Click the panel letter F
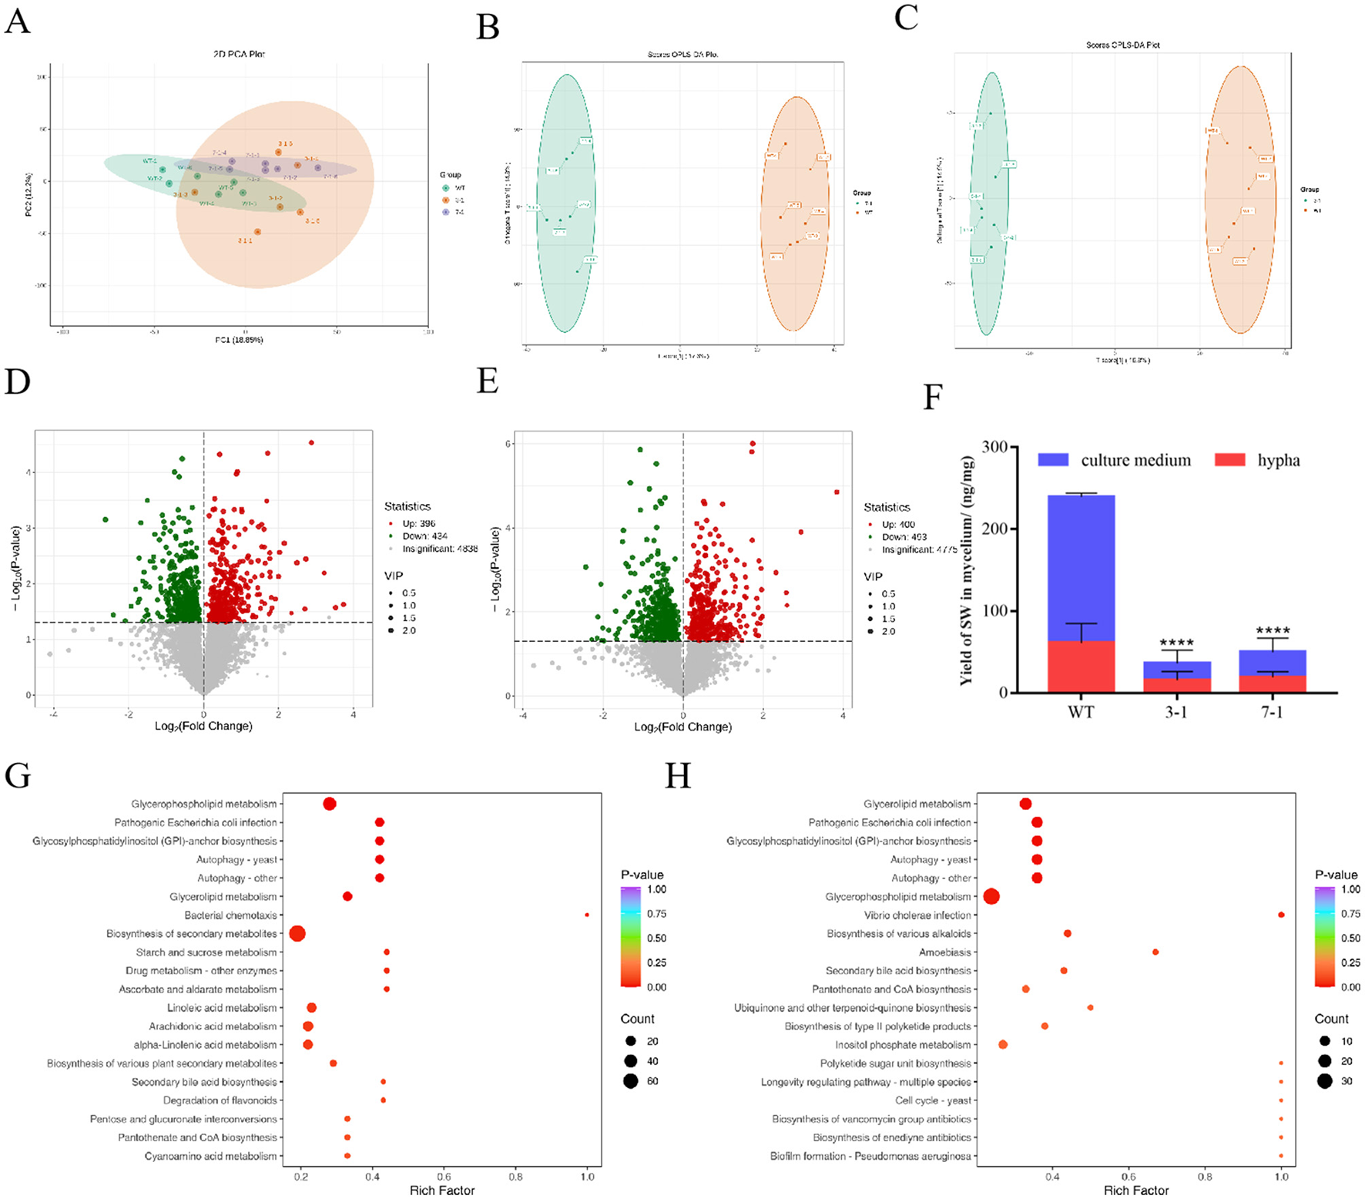(933, 398)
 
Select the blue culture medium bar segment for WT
(1081, 566)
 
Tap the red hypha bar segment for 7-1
(1272, 683)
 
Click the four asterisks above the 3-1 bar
(1176, 643)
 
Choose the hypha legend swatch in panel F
(1229, 460)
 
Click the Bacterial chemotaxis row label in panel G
(230, 915)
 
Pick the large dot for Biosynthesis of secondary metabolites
(297, 934)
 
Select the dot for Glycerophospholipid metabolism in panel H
(991, 896)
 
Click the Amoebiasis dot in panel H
(1155, 952)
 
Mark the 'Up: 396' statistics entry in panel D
(418, 523)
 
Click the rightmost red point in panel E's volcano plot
(837, 492)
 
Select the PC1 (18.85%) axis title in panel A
(239, 340)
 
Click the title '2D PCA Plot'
(239, 54)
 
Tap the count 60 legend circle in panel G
(631, 1081)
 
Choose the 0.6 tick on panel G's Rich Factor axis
(444, 1177)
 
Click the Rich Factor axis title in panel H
(1136, 1191)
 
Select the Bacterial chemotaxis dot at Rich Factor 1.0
(587, 915)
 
